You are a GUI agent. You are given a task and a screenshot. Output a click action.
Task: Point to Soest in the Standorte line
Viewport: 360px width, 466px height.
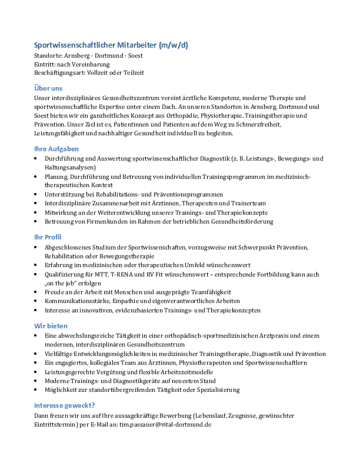pos(134,56)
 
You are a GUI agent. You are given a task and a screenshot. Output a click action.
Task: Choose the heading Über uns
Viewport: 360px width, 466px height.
pos(48,88)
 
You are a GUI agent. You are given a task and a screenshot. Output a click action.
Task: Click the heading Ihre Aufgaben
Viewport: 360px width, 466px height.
pos(56,149)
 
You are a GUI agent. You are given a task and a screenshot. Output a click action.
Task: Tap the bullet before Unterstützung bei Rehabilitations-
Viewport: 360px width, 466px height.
pos(37,194)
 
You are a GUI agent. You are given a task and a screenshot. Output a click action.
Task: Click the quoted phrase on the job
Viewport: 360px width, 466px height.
pos(62,283)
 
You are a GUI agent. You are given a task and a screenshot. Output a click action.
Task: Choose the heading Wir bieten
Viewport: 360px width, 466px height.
pos(51,325)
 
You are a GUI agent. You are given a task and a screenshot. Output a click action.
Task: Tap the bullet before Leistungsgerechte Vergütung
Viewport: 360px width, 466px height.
pos(37,372)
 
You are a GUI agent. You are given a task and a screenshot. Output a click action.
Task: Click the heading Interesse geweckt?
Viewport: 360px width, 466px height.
pos(65,405)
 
